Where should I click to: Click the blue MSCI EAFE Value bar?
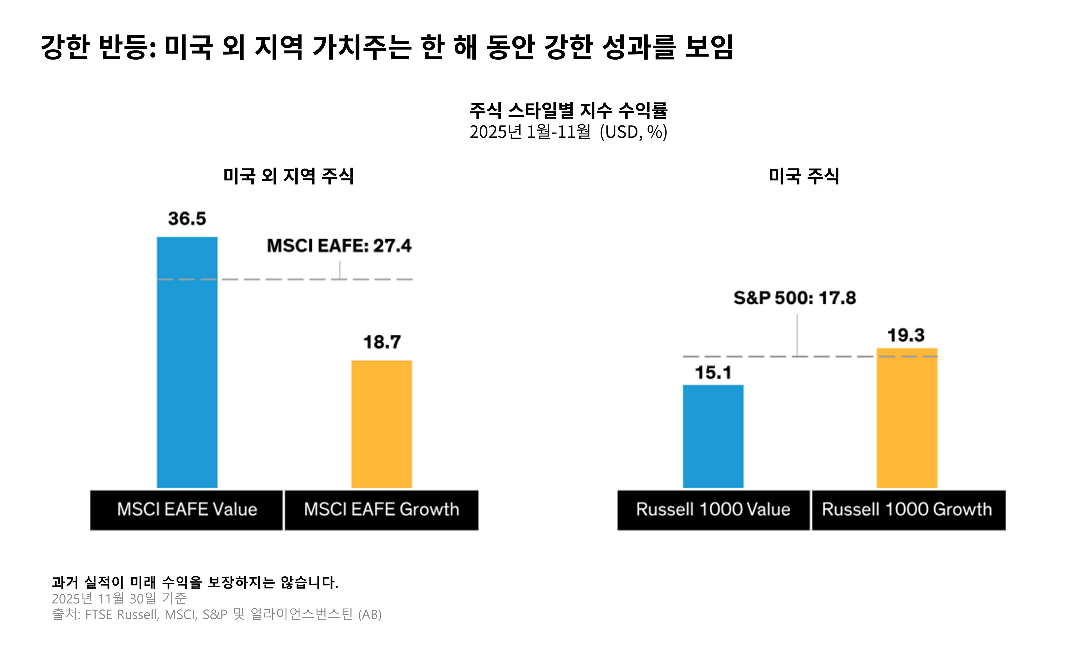pyautogui.click(x=187, y=362)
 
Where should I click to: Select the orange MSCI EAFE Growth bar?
pyautogui.click(x=381, y=423)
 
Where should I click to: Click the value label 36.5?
pyautogui.click(x=187, y=219)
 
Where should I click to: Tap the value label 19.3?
pyautogui.click(x=906, y=335)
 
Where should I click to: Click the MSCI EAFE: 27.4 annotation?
pyautogui.click(x=339, y=246)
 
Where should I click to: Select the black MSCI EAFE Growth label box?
pyautogui.click(x=381, y=509)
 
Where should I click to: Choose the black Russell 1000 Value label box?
pyautogui.click(x=713, y=509)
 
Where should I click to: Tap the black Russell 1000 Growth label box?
pyautogui.click(x=908, y=509)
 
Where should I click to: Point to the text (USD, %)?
pyautogui.click(x=633, y=132)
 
